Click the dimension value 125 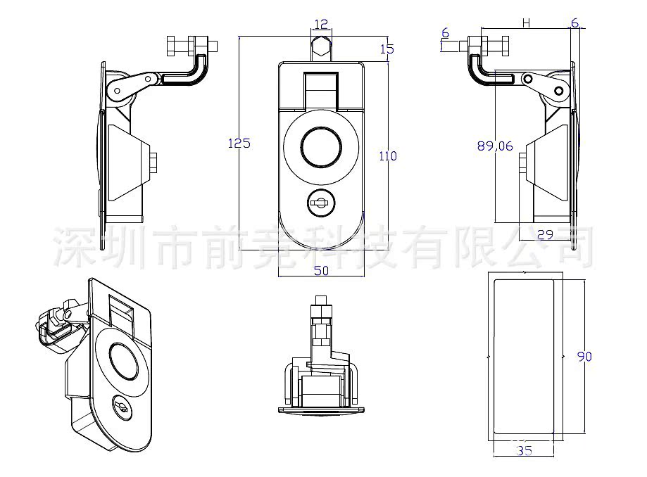click(x=239, y=143)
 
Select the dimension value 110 click(x=388, y=155)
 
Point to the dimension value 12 click(x=321, y=24)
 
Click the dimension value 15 click(x=387, y=49)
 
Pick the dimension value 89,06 click(x=495, y=146)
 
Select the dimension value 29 click(x=544, y=234)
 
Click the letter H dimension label click(x=525, y=23)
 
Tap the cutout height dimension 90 click(x=584, y=357)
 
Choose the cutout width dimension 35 click(x=524, y=451)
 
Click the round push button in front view click(x=321, y=147)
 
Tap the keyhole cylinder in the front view click(x=321, y=204)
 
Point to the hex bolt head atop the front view click(x=321, y=49)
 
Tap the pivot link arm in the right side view click(x=543, y=84)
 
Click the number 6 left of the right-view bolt click(x=445, y=33)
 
